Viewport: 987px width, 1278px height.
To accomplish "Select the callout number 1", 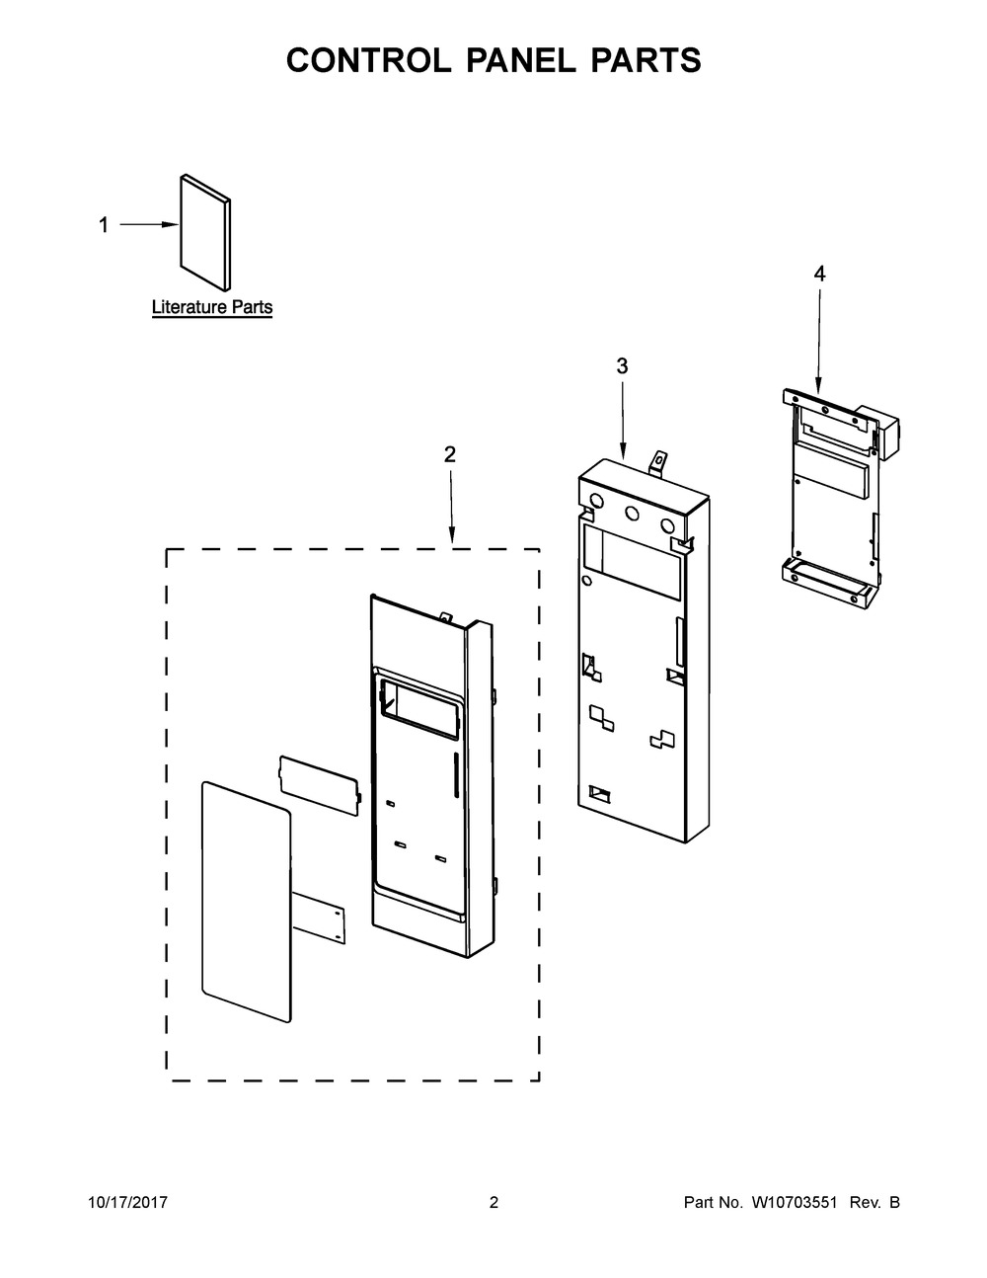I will coord(103,225).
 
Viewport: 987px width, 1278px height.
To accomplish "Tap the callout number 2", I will coord(450,454).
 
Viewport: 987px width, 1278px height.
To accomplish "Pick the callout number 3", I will coord(622,365).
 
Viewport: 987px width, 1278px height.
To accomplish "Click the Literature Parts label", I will coord(211,307).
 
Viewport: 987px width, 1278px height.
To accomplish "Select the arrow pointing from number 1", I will coord(148,225).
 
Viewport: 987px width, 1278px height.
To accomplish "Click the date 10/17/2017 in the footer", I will coord(128,1202).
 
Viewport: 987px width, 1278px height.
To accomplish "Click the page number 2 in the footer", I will coord(493,1202).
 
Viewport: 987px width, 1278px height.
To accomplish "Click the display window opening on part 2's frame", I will coord(418,705).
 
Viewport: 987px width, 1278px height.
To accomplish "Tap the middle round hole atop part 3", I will coord(631,513).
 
